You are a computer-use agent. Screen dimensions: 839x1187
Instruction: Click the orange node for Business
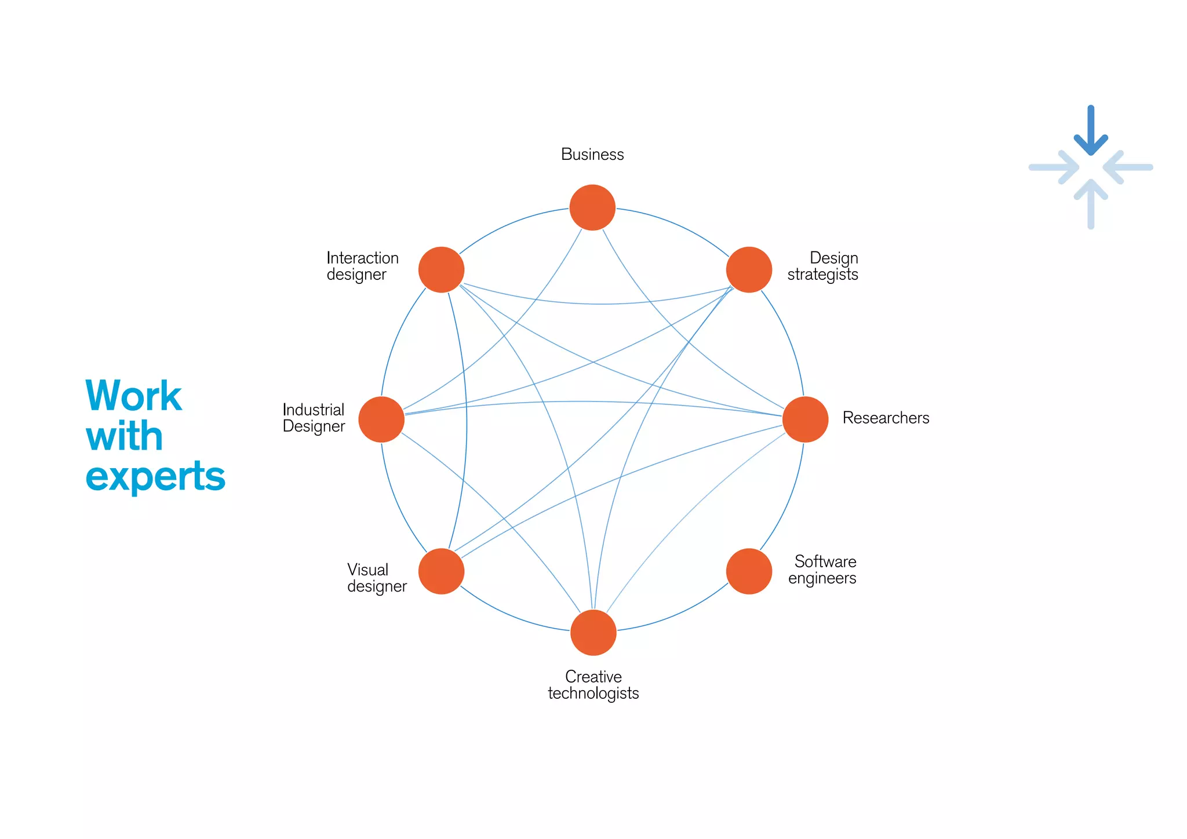pyautogui.click(x=592, y=207)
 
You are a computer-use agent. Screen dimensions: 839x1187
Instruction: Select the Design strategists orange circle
pyautogui.click(x=749, y=269)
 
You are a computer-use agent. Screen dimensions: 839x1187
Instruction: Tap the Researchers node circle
pyautogui.click(x=805, y=419)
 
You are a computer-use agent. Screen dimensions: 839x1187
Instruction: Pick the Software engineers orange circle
pyautogui.click(x=749, y=571)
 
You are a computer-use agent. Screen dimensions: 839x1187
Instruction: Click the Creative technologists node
pyautogui.click(x=593, y=633)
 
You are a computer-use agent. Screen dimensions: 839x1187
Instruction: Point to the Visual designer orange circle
pyautogui.click(x=441, y=571)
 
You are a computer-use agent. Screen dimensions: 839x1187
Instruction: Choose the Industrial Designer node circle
pyautogui.click(x=381, y=419)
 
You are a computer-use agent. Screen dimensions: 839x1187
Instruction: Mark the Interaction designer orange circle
pyautogui.click(x=441, y=269)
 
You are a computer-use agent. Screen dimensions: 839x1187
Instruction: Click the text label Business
pyautogui.click(x=592, y=155)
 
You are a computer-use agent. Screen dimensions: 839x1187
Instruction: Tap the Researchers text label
pyautogui.click(x=886, y=418)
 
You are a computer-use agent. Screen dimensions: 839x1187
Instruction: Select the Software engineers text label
pyautogui.click(x=822, y=570)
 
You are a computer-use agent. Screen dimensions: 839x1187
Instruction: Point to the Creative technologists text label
pyautogui.click(x=593, y=685)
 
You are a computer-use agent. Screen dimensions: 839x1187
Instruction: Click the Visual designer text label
pyautogui.click(x=377, y=578)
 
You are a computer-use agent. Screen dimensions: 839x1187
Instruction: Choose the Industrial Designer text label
pyautogui.click(x=314, y=418)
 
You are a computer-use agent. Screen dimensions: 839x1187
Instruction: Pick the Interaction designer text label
pyautogui.click(x=362, y=266)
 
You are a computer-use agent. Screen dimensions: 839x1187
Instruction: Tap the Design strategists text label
pyautogui.click(x=822, y=266)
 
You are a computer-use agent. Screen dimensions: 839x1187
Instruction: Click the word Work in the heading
pyautogui.click(x=133, y=396)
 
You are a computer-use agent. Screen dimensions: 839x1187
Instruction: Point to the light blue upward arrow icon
pyautogui.click(x=1090, y=203)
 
